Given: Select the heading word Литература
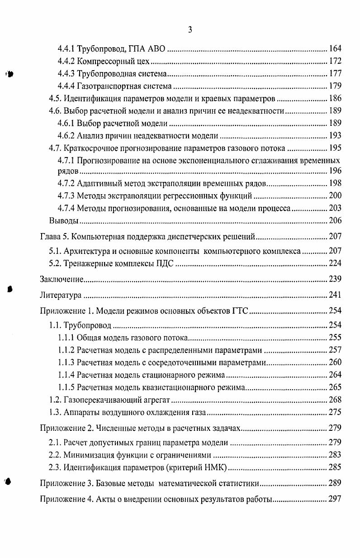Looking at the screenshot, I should click(61, 296).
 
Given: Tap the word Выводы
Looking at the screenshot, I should click(64, 220).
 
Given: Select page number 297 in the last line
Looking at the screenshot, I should click(335, 500).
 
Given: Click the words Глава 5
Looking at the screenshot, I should click(55, 236).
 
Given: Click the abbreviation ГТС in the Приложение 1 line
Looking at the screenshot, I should click(240, 310).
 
